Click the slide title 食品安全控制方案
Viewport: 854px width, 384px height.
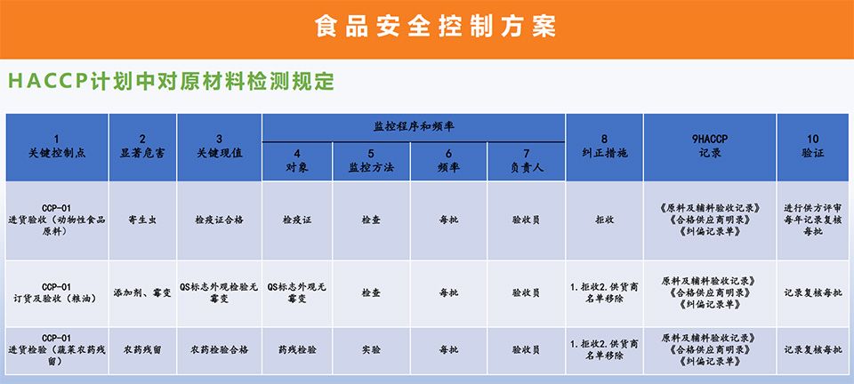(x=435, y=26)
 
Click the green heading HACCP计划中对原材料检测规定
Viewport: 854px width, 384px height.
(x=171, y=82)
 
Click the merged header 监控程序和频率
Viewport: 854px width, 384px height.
(x=414, y=127)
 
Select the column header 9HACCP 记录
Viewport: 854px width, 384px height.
(x=710, y=146)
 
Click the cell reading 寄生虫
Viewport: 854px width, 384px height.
(x=142, y=220)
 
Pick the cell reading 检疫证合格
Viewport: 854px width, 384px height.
(x=220, y=220)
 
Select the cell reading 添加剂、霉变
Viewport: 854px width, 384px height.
(x=142, y=292)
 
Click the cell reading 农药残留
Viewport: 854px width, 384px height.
(x=142, y=349)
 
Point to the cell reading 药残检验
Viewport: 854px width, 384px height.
(x=297, y=349)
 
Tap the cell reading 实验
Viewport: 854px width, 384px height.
(x=371, y=349)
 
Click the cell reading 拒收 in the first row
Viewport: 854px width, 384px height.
(x=605, y=220)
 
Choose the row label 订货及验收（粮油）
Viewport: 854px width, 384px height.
(x=57, y=299)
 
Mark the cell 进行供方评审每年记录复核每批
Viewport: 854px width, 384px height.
(x=812, y=220)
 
